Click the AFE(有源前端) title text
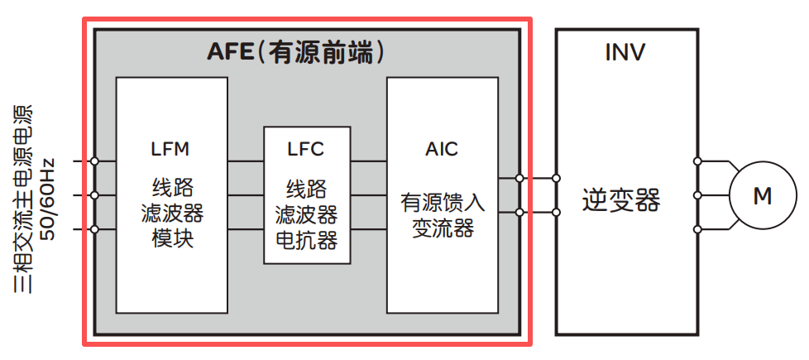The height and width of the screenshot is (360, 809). pyautogui.click(x=296, y=54)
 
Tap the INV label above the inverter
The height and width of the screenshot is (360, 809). pyautogui.click(x=625, y=54)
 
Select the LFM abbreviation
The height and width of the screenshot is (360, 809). pyautogui.click(x=171, y=150)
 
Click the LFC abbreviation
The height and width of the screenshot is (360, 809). pyautogui.click(x=306, y=150)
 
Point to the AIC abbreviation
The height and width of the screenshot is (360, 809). pyautogui.click(x=442, y=150)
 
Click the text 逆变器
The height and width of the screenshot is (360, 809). pyautogui.click(x=621, y=199)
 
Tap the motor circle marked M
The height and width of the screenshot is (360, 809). pyautogui.click(x=761, y=196)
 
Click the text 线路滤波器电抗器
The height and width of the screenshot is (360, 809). pyautogui.click(x=306, y=215)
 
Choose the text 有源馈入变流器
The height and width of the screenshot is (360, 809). pyautogui.click(x=443, y=215)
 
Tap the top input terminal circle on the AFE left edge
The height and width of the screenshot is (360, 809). pyautogui.click(x=95, y=161)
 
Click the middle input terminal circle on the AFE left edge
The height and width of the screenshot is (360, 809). pyautogui.click(x=95, y=196)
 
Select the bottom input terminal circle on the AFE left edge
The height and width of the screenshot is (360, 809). pyautogui.click(x=95, y=229)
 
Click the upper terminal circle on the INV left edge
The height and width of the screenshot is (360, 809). pyautogui.click(x=556, y=178)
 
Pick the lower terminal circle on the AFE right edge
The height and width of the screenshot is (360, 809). pyautogui.click(x=519, y=213)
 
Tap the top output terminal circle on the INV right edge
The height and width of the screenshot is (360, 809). pyautogui.click(x=698, y=161)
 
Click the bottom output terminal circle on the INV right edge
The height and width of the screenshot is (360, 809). pyautogui.click(x=698, y=229)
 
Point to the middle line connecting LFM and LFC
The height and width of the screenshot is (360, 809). pyautogui.click(x=246, y=196)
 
